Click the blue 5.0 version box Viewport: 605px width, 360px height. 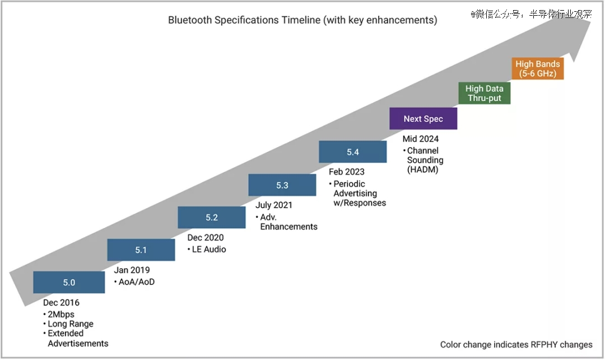click(69, 282)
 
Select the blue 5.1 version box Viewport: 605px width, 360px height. click(141, 250)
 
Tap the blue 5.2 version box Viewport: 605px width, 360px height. click(212, 217)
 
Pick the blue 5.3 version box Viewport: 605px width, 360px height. click(282, 185)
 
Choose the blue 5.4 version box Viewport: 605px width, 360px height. click(353, 152)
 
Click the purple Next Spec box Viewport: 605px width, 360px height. click(424, 119)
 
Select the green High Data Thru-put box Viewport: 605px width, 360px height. click(485, 93)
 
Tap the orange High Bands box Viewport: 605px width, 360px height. click(538, 69)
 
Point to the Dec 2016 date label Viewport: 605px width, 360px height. click(62, 302)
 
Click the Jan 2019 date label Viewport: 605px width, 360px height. click(132, 270)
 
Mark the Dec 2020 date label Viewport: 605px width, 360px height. click(206, 237)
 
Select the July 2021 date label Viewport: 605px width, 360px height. click(274, 205)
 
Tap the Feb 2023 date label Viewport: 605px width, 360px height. click(347, 172)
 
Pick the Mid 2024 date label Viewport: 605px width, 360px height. click(421, 139)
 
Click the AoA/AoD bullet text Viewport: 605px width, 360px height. click(137, 282)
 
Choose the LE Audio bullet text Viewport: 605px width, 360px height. click(209, 249)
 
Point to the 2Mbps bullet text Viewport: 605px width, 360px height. click(61, 314)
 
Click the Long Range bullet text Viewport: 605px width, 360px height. click(71, 324)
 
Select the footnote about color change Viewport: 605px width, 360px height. click(516, 344)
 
